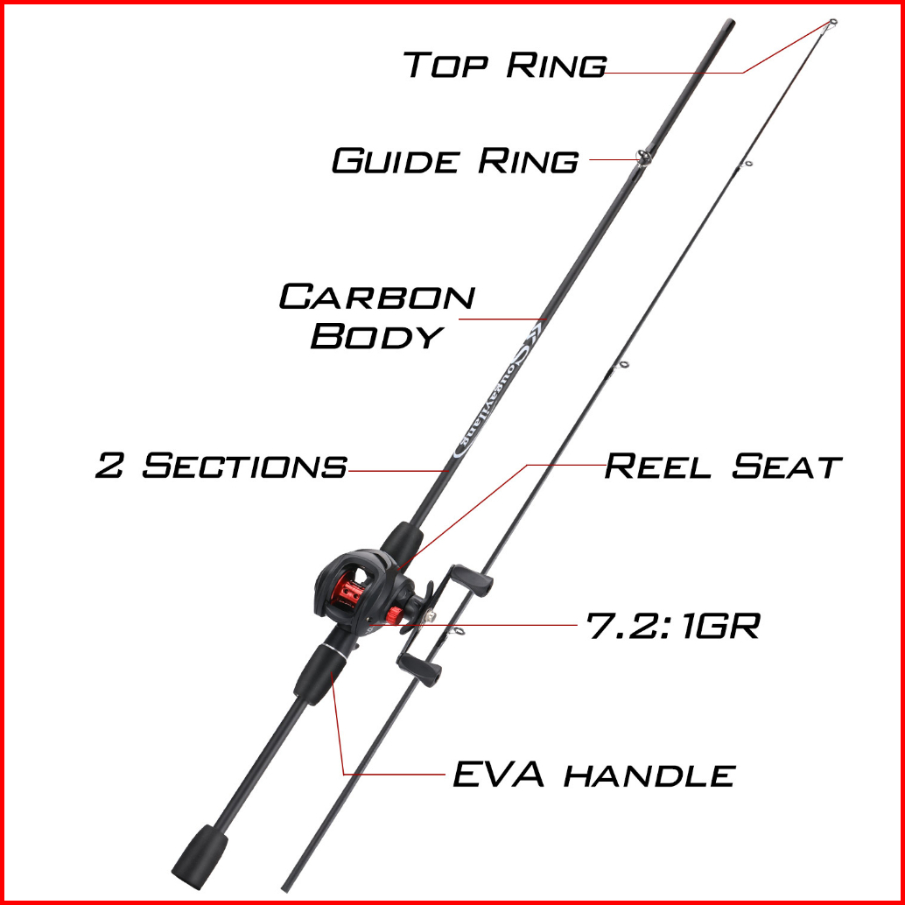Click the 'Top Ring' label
(505, 64)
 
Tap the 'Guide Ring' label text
(455, 160)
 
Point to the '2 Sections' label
(221, 466)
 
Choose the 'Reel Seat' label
(723, 467)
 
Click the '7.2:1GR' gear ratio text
(673, 626)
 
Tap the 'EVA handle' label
(594, 775)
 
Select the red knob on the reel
(396, 614)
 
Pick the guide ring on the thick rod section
(643, 157)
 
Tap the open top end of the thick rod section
(730, 24)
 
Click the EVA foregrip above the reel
(401, 541)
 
